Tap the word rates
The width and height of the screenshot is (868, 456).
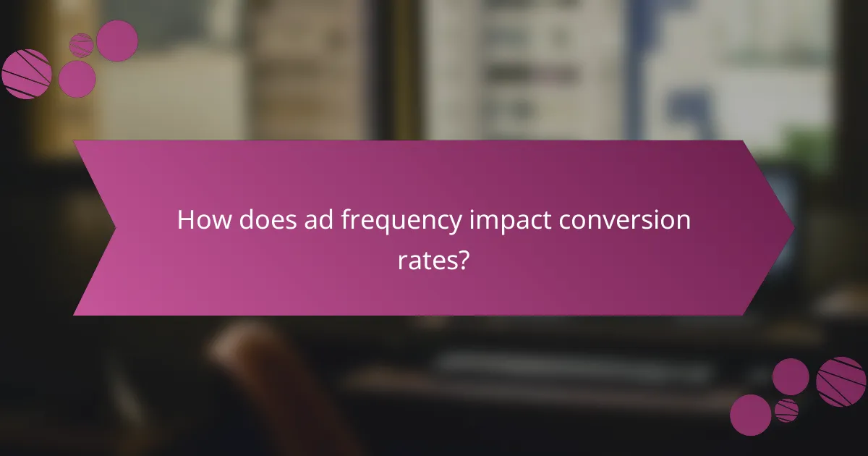(x=426, y=260)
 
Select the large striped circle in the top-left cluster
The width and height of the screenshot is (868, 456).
(x=26, y=74)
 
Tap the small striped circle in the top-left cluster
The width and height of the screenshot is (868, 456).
(x=81, y=45)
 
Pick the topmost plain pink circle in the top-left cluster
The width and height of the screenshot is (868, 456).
(x=117, y=41)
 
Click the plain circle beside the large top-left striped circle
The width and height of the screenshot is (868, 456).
(x=77, y=78)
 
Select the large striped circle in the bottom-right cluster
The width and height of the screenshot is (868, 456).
(x=841, y=381)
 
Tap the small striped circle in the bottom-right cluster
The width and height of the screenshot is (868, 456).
(x=786, y=410)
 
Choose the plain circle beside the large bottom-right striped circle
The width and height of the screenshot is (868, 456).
(x=791, y=376)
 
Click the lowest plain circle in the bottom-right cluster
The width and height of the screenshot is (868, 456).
(x=750, y=415)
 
